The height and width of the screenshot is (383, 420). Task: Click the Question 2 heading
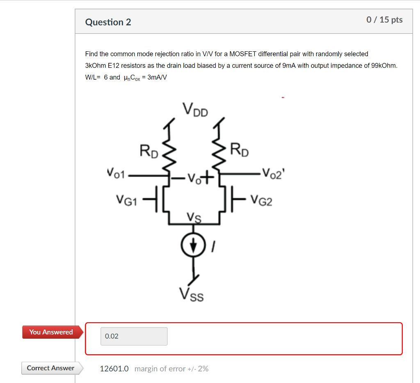point(108,22)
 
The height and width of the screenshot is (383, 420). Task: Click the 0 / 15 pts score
point(384,20)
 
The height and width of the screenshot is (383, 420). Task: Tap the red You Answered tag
point(51,332)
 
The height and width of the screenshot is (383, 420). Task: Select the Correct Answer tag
point(50,368)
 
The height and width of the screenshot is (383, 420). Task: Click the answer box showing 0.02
point(134,336)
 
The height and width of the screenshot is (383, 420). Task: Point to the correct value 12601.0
point(114,369)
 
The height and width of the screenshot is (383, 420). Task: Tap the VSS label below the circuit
point(191,294)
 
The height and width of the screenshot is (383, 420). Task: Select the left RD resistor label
point(148,151)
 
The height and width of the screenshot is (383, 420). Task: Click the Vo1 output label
point(117,173)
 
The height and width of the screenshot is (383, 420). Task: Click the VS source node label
point(194,216)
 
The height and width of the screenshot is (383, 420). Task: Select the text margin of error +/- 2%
point(171,369)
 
